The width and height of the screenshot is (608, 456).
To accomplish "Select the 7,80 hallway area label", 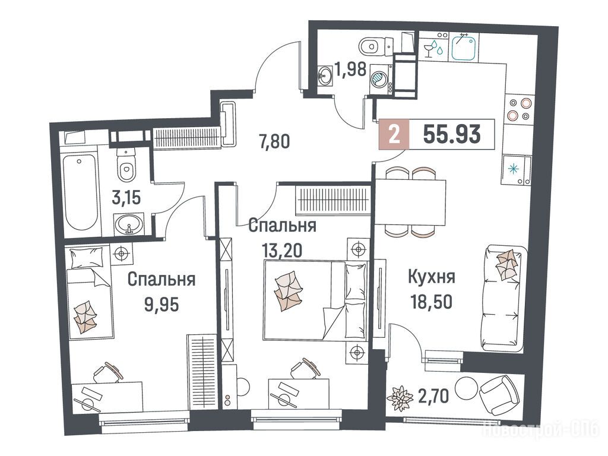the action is pyautogui.click(x=274, y=141).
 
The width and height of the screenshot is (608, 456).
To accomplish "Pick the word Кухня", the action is pyautogui.click(x=432, y=277).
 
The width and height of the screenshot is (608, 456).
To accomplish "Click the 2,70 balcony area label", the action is pyautogui.click(x=433, y=396).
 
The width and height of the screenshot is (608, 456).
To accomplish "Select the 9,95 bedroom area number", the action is pyautogui.click(x=161, y=305).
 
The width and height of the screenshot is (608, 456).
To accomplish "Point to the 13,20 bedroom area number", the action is pyautogui.click(x=282, y=251).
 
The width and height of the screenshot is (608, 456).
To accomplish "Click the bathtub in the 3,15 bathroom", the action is pyautogui.click(x=81, y=192).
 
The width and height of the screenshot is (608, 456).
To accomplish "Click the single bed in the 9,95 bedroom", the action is pyautogui.click(x=90, y=291).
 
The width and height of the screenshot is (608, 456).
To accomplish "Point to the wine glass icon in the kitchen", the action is pyautogui.click(x=429, y=50).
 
